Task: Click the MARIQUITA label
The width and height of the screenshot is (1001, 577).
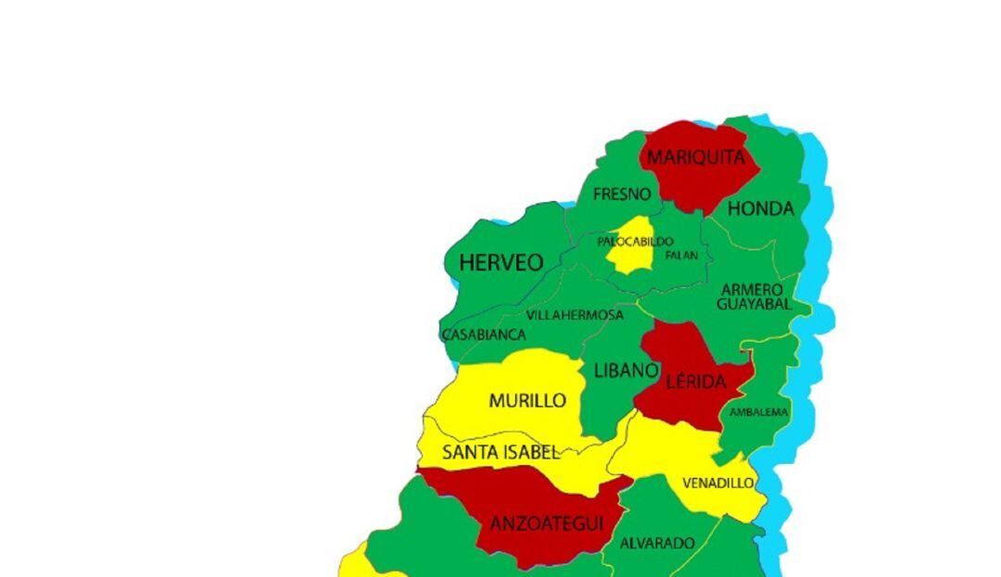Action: click(x=695, y=157)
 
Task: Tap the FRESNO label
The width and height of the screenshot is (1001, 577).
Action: click(x=622, y=194)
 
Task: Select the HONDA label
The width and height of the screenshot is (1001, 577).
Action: click(x=761, y=209)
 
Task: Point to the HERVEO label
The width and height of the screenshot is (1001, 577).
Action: click(x=501, y=263)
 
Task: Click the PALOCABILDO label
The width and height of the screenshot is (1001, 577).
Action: click(x=635, y=242)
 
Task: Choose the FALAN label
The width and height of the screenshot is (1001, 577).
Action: click(x=682, y=255)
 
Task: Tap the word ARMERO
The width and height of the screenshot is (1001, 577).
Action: click(x=752, y=290)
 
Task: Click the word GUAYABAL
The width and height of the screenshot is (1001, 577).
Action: click(x=754, y=304)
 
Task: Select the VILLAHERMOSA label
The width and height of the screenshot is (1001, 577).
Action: click(x=575, y=315)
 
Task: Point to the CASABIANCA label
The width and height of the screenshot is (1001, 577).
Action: click(x=484, y=334)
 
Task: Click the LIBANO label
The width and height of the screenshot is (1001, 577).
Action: click(x=626, y=370)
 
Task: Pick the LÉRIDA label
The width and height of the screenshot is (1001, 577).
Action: click(x=695, y=382)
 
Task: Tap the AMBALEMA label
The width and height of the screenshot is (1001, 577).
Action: click(x=758, y=412)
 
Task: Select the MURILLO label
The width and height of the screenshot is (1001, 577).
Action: click(x=527, y=401)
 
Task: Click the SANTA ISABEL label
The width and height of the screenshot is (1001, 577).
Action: click(x=500, y=453)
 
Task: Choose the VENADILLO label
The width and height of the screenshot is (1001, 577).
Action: click(x=718, y=483)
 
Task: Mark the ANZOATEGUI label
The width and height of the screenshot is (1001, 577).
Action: click(x=547, y=524)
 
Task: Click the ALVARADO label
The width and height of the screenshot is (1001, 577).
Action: click(x=657, y=543)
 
